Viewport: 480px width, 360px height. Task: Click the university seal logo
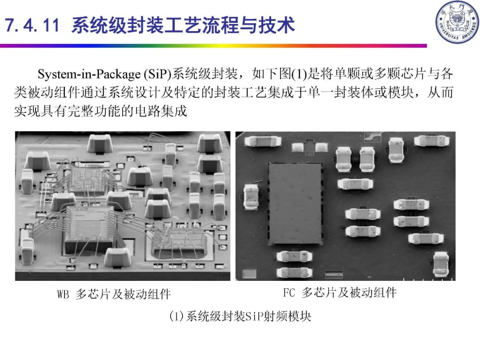457,22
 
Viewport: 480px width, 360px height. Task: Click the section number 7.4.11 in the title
32,25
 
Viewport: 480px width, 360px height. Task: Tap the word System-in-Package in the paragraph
89,74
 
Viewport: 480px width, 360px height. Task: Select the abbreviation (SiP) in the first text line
157,74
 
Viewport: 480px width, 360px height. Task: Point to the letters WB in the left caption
63,294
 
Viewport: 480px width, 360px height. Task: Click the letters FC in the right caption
289,292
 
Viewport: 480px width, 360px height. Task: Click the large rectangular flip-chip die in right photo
296,204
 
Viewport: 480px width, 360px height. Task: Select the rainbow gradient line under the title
213,46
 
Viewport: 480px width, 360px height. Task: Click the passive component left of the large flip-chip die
251,197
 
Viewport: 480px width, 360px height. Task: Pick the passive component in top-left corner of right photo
263,141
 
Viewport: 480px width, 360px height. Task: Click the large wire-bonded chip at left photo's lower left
89,230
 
